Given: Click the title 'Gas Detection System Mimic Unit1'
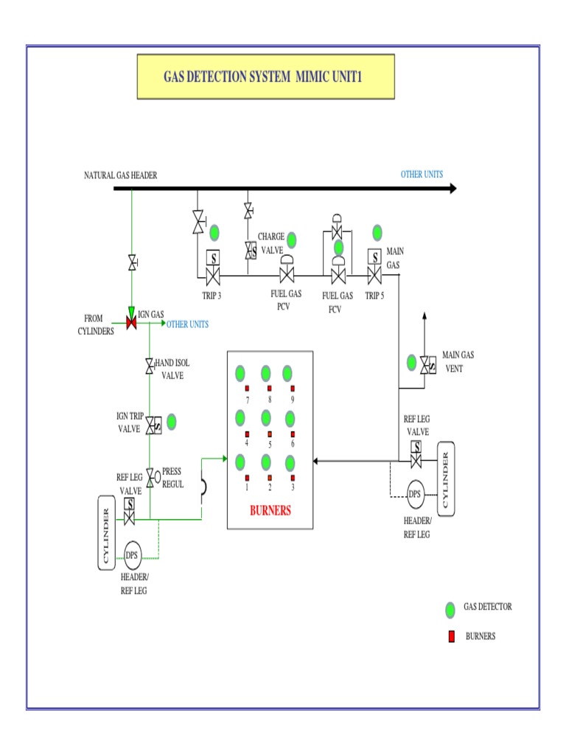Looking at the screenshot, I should [266, 77].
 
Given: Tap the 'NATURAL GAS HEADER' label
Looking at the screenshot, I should [120, 175].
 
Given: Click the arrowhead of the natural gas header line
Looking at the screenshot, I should [450, 189].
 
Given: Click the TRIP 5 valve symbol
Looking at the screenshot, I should [374, 276].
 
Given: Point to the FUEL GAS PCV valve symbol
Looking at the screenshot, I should [287, 276].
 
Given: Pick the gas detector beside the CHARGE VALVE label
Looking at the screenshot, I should [291, 240].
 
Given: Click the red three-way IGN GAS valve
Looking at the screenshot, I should [132, 323].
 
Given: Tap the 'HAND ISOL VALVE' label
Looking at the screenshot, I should [172, 369].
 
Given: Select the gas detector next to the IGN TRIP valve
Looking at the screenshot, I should [172, 422].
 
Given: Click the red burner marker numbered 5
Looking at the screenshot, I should [270, 434].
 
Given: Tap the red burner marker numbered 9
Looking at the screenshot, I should [293, 389].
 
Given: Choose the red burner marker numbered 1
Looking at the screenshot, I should [247, 478].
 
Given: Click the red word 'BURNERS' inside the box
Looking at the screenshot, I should [270, 510].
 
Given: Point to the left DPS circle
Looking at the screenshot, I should [132, 555].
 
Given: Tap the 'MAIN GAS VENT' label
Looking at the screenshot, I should [458, 361].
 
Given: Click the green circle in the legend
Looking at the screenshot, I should [450, 610].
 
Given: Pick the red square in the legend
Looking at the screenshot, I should [450, 636].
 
